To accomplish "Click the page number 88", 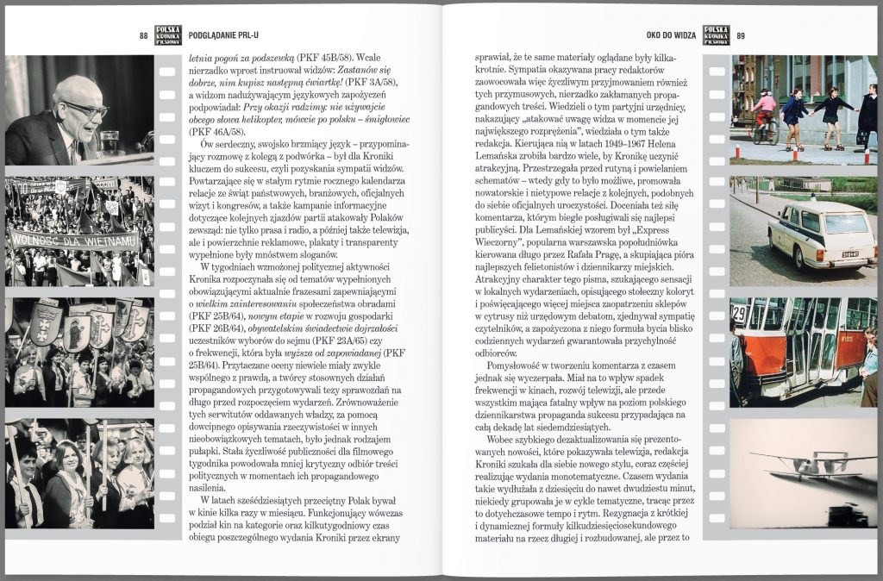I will point(144,35).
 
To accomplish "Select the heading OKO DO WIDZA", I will point(671,35).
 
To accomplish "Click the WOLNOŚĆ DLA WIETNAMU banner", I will point(74,239).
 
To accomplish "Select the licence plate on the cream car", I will point(849,253).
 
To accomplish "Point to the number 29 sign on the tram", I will point(739,311).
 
